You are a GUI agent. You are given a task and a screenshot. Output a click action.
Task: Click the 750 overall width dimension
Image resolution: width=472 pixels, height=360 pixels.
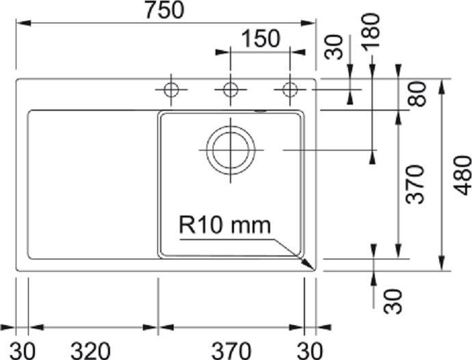(x=164, y=10)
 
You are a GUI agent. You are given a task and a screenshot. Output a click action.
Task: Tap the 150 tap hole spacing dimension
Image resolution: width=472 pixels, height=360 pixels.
(x=261, y=39)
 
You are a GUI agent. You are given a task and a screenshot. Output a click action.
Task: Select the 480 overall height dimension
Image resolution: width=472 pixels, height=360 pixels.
(x=462, y=175)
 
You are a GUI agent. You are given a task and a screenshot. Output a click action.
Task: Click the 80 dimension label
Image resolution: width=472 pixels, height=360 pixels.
(x=417, y=94)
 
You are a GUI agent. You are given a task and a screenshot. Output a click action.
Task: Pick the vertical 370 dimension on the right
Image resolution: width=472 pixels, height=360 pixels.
(x=415, y=184)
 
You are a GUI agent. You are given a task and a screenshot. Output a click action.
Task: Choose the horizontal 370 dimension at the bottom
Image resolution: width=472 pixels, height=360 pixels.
(x=231, y=350)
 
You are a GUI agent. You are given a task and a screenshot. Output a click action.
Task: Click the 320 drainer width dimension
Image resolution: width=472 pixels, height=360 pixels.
(x=90, y=350)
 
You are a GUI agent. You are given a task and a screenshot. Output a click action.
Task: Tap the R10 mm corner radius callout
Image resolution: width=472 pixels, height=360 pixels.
(x=225, y=225)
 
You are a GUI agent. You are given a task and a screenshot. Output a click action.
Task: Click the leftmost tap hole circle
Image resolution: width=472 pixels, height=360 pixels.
(x=171, y=90)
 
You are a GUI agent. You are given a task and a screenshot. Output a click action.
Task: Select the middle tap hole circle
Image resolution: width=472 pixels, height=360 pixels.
(x=231, y=90)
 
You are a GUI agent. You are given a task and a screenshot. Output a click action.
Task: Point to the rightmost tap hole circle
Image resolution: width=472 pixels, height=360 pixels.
(x=290, y=90)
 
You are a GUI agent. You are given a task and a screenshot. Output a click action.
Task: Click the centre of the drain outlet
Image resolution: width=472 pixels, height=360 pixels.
(x=231, y=150)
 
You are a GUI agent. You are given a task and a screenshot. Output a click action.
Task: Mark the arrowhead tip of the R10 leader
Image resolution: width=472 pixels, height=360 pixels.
(x=314, y=270)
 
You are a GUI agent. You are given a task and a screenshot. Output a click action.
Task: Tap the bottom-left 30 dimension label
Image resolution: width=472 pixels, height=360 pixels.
(x=23, y=350)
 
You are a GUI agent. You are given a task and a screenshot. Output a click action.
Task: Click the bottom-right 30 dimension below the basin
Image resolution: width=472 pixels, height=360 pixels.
(x=310, y=350)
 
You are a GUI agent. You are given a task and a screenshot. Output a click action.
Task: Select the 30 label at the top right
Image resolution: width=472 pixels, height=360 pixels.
(x=334, y=47)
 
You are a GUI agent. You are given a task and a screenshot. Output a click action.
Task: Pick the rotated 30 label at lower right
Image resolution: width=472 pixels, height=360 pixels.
(x=393, y=301)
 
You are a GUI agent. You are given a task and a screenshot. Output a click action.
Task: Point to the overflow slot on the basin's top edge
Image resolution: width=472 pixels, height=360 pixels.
(x=261, y=111)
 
